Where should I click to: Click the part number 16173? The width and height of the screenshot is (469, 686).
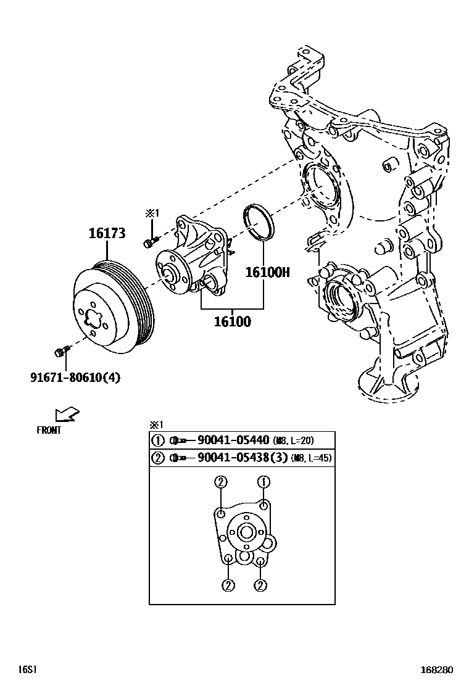click(107, 233)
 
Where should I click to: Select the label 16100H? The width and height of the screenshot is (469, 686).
click(267, 272)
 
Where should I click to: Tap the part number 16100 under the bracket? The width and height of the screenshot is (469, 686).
click(233, 321)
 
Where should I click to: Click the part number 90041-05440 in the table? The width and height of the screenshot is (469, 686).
click(233, 440)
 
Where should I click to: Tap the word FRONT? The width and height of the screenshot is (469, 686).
click(49, 431)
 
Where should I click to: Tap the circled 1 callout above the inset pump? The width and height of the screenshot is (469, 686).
click(264, 482)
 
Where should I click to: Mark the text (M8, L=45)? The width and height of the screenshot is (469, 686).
click(313, 459)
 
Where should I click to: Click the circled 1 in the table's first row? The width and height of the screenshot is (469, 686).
click(157, 440)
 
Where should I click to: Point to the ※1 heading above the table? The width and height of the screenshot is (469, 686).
click(156, 424)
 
